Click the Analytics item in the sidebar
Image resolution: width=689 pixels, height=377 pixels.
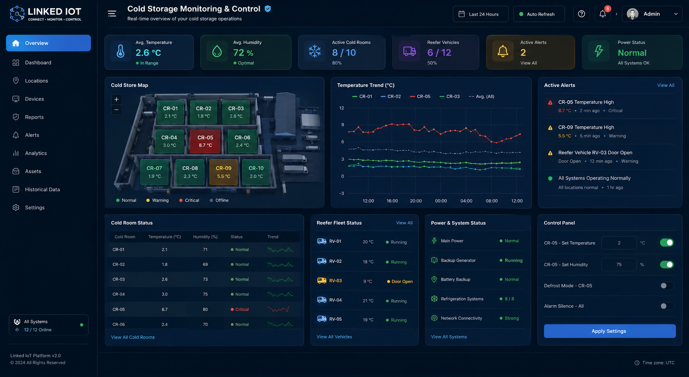(36, 153)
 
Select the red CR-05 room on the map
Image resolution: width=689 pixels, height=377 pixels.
(205, 141)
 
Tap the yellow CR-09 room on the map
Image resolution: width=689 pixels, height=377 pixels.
(223, 172)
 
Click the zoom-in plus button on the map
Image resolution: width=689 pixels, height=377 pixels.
(116, 99)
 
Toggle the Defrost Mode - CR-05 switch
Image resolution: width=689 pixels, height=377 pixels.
(666, 286)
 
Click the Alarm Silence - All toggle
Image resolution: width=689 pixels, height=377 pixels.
(666, 306)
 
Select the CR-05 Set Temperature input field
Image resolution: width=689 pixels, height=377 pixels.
(619, 243)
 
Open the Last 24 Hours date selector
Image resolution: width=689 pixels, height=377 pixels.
(481, 14)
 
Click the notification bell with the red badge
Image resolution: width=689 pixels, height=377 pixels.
(603, 14)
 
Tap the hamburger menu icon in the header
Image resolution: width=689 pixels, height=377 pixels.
(112, 13)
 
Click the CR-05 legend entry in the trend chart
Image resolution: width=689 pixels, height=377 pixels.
(420, 96)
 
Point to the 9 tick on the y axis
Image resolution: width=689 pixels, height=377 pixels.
(342, 125)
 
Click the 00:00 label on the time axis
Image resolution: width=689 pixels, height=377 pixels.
(441, 201)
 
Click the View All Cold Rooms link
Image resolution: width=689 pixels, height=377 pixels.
(133, 337)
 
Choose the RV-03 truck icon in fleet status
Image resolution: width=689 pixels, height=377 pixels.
(322, 281)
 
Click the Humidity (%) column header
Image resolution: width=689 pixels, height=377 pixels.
(205, 237)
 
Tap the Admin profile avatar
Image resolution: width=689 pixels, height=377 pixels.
(633, 14)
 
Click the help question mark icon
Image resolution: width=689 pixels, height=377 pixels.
(581, 14)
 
